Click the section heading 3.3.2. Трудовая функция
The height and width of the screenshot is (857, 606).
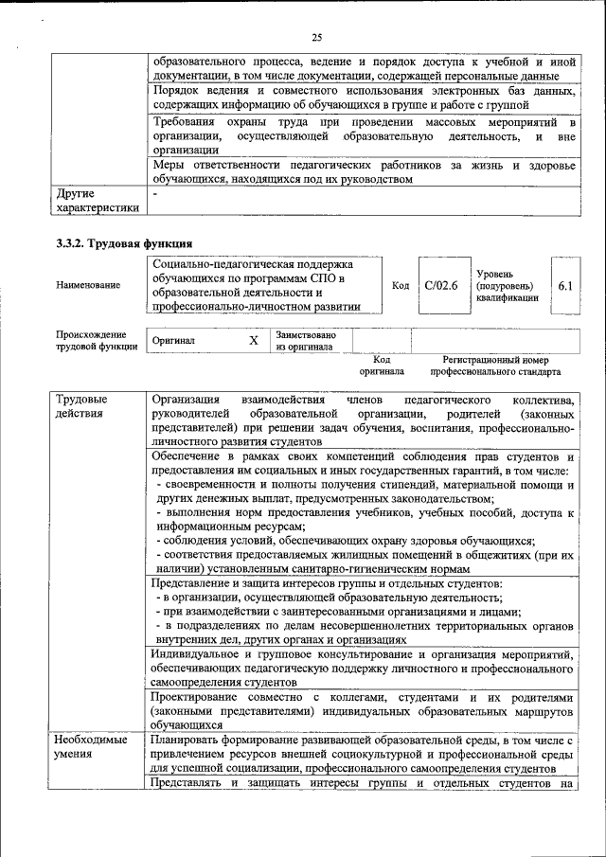click(124, 243)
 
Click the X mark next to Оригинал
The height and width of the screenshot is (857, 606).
click(253, 340)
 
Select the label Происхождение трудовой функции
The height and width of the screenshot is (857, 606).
click(90, 340)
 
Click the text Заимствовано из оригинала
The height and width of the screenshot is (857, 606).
click(305, 340)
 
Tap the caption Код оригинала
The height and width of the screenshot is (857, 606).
click(381, 366)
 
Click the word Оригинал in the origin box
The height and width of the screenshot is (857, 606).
click(173, 340)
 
